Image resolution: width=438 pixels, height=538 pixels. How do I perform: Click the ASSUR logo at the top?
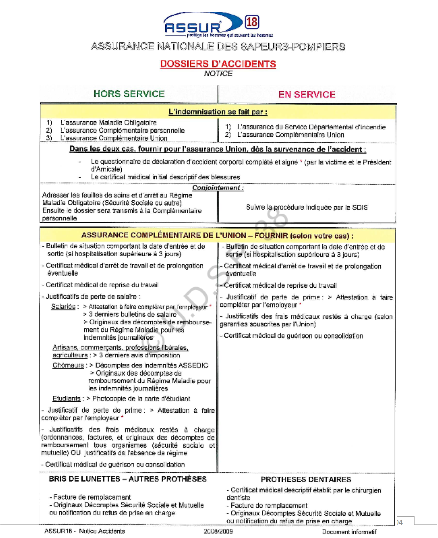click(198, 25)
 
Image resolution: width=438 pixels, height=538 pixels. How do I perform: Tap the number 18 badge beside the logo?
click(252, 22)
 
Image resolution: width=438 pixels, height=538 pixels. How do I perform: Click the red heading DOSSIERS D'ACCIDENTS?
click(218, 64)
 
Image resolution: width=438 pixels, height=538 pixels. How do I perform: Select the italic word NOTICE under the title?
click(218, 73)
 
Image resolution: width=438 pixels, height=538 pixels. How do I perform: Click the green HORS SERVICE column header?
click(129, 94)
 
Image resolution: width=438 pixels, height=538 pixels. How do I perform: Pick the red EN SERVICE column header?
click(307, 95)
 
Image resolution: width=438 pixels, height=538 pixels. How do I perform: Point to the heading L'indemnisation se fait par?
click(218, 112)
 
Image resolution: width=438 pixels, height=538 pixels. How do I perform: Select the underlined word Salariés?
click(63, 306)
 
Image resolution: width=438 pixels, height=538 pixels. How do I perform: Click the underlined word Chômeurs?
click(68, 365)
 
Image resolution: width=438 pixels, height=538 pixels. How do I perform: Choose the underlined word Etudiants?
click(66, 398)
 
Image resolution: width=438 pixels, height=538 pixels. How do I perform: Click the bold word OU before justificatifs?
click(76, 453)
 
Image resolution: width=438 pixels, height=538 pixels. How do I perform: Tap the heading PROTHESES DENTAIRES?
click(306, 479)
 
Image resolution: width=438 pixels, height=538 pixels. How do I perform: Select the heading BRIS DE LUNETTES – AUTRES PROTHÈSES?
click(128, 479)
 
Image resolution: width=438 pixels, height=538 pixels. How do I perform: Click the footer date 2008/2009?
click(218, 531)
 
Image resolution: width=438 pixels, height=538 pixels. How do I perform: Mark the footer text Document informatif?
click(349, 531)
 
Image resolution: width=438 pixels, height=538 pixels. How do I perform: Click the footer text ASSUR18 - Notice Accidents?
click(84, 531)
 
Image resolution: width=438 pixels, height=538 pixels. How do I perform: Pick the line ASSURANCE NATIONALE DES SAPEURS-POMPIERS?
click(218, 47)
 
